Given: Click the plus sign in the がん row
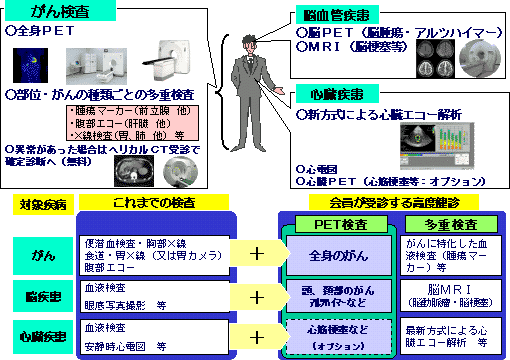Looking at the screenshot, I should click(x=257, y=253).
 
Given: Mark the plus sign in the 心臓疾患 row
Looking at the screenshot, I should click(x=257, y=335).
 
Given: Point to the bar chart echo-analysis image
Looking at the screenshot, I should click(x=441, y=146).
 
